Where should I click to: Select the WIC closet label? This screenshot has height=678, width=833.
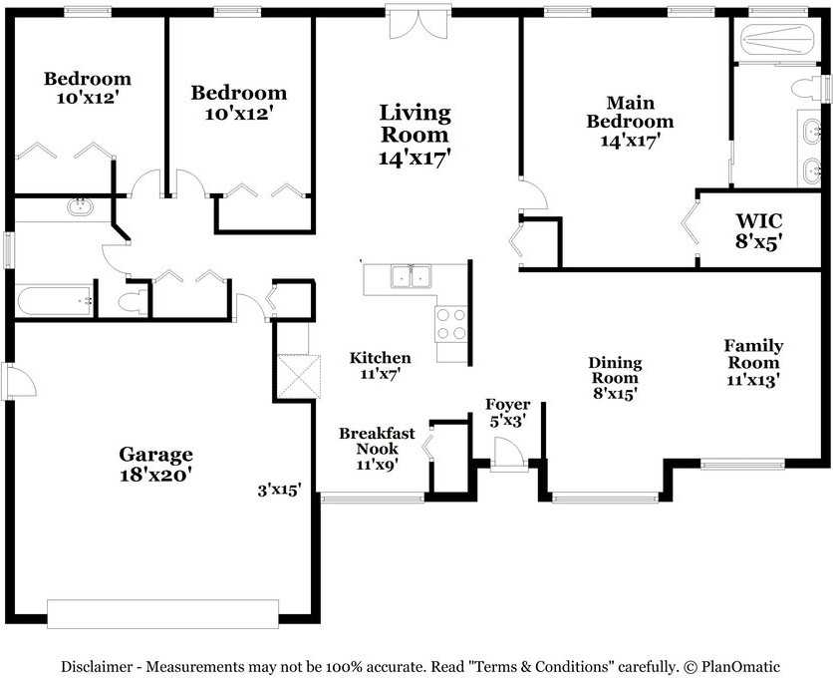point(759,220)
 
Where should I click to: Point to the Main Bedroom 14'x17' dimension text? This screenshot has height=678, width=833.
point(630,141)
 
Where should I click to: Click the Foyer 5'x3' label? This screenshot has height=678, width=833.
point(508,413)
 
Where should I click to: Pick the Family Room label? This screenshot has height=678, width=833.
point(753,354)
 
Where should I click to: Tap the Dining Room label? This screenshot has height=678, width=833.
point(615,371)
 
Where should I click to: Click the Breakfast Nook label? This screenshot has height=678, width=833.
point(378,441)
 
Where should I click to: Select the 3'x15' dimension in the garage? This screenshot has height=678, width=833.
point(279,490)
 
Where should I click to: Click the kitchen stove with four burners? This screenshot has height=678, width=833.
point(451,324)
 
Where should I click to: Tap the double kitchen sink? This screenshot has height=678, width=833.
point(411,275)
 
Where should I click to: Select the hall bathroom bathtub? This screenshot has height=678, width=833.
point(55,301)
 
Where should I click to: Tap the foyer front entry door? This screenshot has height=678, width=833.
point(508,454)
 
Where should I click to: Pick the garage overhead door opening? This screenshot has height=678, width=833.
point(162,614)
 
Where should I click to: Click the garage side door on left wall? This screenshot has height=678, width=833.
point(20,380)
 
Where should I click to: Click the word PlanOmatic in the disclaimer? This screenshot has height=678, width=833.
point(740,666)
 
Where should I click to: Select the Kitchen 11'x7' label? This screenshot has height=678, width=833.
point(380,365)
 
